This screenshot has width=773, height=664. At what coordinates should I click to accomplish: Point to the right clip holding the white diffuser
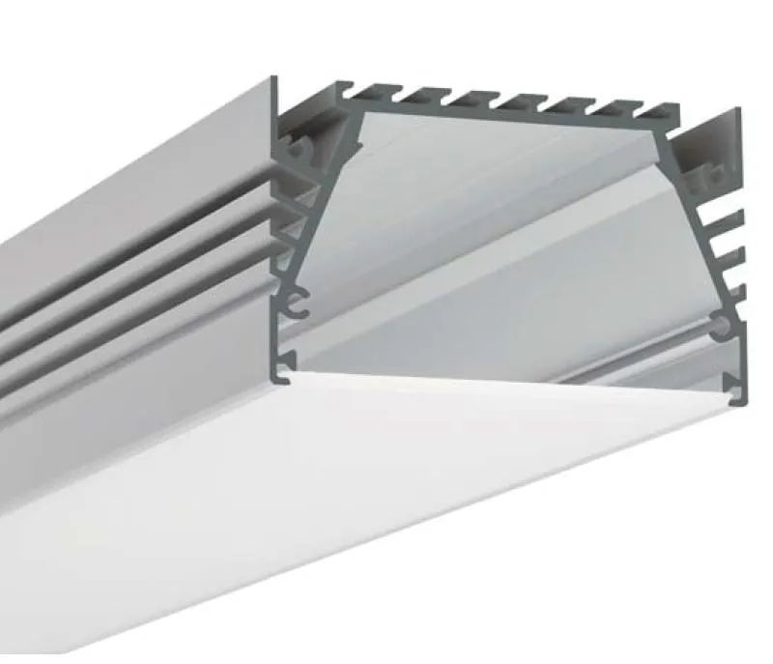[x=741, y=390]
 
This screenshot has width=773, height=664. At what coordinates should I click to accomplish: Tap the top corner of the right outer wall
[x=739, y=110]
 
